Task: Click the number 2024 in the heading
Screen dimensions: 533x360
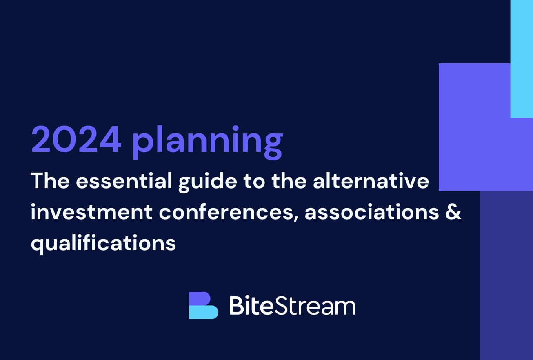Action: click(76, 139)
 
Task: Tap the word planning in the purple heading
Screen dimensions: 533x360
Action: click(208, 142)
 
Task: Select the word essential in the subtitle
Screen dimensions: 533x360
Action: click(124, 181)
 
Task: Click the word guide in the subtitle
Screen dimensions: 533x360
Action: click(208, 182)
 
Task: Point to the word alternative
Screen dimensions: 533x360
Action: click(371, 181)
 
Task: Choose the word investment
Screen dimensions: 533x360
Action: click(91, 211)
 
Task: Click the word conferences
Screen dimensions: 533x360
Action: click(226, 212)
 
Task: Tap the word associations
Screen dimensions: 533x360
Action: click(372, 211)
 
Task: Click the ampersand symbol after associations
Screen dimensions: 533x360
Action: click(453, 211)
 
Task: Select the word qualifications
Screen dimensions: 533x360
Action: click(103, 243)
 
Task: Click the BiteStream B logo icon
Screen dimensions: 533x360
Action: click(203, 305)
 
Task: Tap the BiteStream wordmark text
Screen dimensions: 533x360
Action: click(293, 305)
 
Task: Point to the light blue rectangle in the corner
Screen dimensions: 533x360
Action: click(522, 58)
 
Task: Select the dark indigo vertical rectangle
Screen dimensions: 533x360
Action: click(506, 275)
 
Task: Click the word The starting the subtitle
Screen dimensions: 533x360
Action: click(50, 180)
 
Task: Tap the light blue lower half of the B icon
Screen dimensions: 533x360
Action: click(203, 312)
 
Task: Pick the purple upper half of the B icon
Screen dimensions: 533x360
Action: click(200, 299)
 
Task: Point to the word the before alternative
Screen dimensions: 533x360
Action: click(289, 180)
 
